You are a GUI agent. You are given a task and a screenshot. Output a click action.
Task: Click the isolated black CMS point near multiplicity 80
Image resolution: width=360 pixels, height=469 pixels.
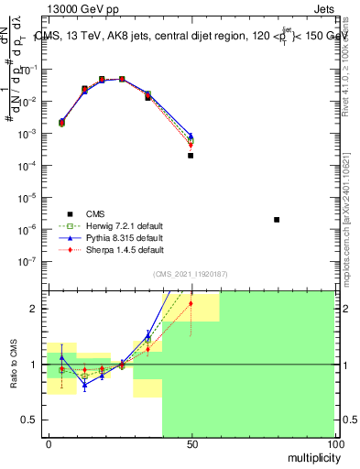click(277, 220)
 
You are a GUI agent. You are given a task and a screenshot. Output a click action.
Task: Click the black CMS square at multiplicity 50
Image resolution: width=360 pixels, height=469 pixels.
click(191, 156)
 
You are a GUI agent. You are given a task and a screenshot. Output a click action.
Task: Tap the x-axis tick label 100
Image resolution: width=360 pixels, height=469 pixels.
click(333, 444)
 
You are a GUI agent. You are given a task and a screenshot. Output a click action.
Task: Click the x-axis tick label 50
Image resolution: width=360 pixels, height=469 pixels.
click(191, 444)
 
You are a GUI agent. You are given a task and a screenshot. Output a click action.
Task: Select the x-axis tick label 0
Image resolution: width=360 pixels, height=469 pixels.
click(49, 444)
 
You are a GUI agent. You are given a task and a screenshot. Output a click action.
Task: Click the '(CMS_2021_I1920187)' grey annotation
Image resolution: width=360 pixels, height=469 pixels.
click(191, 273)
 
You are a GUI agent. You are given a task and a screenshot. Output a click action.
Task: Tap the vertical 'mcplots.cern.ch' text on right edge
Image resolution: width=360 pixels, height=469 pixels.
click(351, 229)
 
